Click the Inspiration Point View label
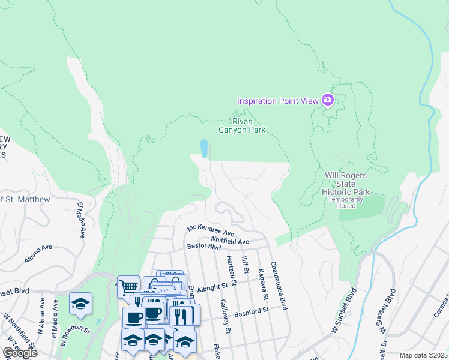click(277, 101)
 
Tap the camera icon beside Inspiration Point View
click(327, 100)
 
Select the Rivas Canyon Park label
click(241, 125)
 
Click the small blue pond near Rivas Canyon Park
click(204, 148)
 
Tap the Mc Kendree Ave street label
click(210, 230)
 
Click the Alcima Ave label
click(39, 254)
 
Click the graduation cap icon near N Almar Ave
click(80, 304)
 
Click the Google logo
click(19, 353)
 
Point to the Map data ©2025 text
click(423, 355)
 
